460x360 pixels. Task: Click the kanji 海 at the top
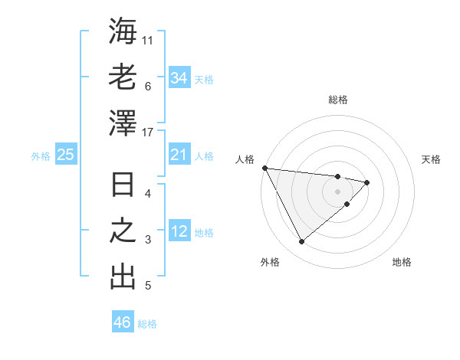(x=123, y=31)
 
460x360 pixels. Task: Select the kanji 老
(x=123, y=77)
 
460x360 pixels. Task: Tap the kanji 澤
(x=123, y=123)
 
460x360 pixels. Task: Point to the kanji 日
(x=123, y=186)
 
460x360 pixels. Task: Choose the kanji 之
(x=123, y=231)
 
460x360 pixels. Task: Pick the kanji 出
(x=123, y=277)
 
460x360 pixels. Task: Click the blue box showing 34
(x=179, y=78)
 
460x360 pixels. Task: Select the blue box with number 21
(x=179, y=155)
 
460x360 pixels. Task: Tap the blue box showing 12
(x=179, y=231)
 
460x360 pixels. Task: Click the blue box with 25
(x=66, y=155)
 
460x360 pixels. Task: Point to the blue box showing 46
(x=123, y=322)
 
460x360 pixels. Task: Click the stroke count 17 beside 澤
(x=149, y=132)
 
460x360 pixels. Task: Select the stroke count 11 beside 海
(x=149, y=39)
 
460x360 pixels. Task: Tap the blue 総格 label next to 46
(x=147, y=324)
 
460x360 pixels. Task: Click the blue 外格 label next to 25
(x=41, y=156)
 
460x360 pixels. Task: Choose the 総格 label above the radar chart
(x=338, y=100)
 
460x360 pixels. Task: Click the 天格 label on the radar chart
(x=432, y=159)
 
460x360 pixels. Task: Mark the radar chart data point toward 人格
(x=264, y=168)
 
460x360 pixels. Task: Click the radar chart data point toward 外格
(x=301, y=242)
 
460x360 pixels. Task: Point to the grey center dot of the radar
(x=337, y=191)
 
